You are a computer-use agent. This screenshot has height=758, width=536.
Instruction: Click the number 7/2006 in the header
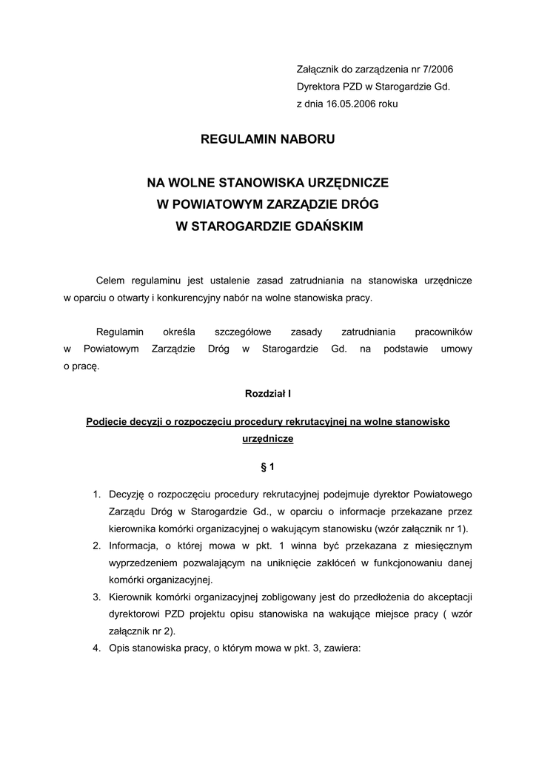coord(436,70)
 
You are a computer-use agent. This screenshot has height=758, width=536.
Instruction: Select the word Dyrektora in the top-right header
coord(319,87)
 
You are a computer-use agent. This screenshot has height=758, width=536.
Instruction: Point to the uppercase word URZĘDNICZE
coord(346,182)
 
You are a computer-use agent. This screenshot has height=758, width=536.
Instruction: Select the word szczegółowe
coord(241,332)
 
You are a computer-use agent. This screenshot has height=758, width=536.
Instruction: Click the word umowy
coord(456,349)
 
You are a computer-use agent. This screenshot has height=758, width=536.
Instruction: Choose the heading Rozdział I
coord(268,395)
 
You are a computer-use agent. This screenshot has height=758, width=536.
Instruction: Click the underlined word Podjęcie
coord(108,421)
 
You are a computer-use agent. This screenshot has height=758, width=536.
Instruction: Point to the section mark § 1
coord(268,467)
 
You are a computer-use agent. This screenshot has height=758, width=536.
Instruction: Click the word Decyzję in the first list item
coord(128,494)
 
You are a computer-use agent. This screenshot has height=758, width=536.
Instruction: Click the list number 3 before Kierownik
coord(97,597)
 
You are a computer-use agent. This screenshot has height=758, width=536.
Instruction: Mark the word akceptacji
coord(446,597)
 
